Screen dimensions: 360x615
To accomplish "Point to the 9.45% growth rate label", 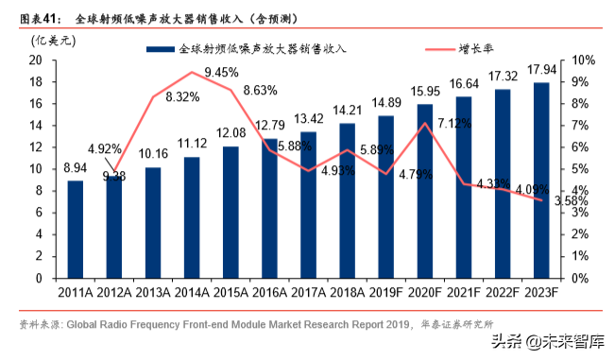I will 221,72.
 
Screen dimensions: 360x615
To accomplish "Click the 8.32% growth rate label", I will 182,96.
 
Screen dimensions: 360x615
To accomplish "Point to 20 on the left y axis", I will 36,60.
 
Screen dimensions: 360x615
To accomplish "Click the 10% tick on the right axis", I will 583,60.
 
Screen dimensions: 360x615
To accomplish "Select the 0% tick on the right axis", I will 580,278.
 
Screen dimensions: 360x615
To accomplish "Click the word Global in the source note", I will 86,324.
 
